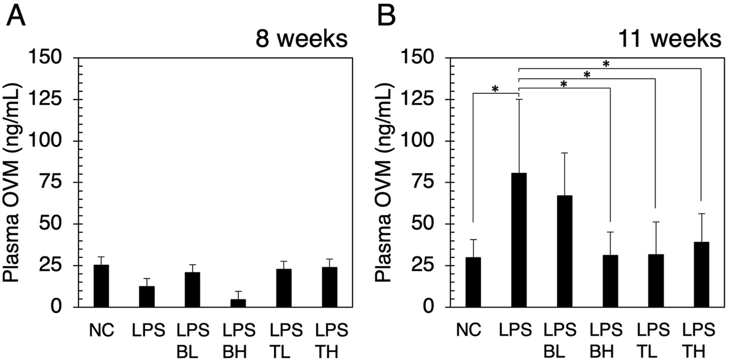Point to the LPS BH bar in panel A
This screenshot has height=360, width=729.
pos(238,303)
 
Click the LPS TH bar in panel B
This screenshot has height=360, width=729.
pos(701,274)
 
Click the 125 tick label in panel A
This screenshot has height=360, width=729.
pos(50,99)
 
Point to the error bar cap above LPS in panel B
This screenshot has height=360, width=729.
pos(519,99)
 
